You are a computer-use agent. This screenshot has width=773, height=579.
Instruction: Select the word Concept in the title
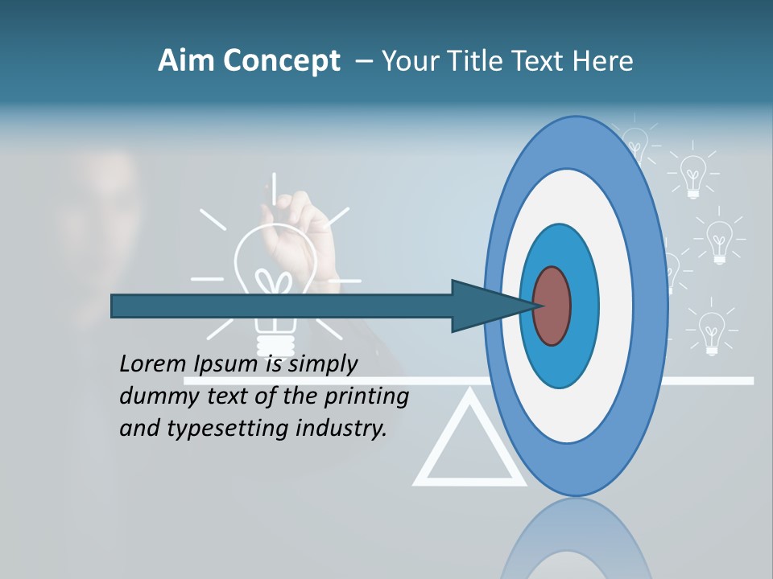click(x=281, y=62)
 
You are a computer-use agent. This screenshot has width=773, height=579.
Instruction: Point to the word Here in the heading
click(x=603, y=61)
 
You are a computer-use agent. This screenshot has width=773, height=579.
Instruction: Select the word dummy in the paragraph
click(x=153, y=396)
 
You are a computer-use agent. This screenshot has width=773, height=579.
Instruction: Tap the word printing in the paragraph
click(x=367, y=396)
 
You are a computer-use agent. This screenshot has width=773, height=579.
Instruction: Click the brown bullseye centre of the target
click(x=552, y=306)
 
